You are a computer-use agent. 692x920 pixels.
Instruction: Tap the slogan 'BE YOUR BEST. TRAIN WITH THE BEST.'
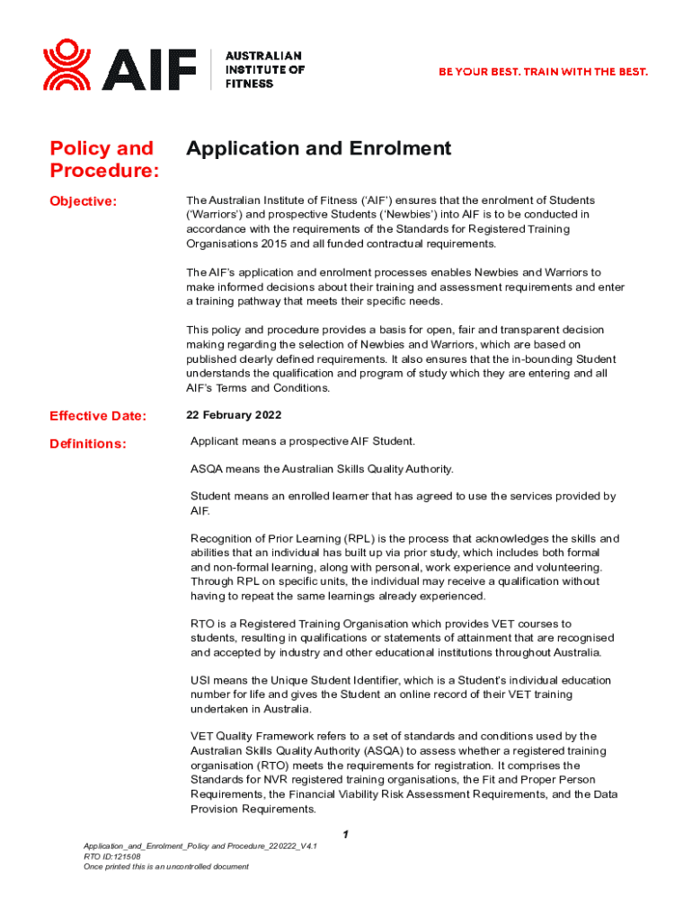click(x=543, y=71)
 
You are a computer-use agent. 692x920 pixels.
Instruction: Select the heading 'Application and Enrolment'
click(x=318, y=148)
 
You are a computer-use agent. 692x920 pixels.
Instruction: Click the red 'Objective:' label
click(x=84, y=201)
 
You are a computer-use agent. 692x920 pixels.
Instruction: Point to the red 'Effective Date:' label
click(x=98, y=416)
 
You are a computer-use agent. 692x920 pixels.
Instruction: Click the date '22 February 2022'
click(x=234, y=415)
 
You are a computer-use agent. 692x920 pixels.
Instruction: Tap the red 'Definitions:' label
click(x=88, y=444)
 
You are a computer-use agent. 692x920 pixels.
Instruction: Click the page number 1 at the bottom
click(x=345, y=835)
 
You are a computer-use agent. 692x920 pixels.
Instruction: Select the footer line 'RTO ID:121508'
click(x=111, y=857)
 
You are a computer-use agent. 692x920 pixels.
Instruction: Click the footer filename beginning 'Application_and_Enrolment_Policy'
click(x=200, y=847)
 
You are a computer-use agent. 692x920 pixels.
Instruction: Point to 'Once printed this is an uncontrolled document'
click(x=165, y=867)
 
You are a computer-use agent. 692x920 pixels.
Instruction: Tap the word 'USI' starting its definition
click(x=201, y=680)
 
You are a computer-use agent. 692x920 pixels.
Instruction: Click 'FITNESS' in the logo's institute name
click(x=250, y=84)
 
